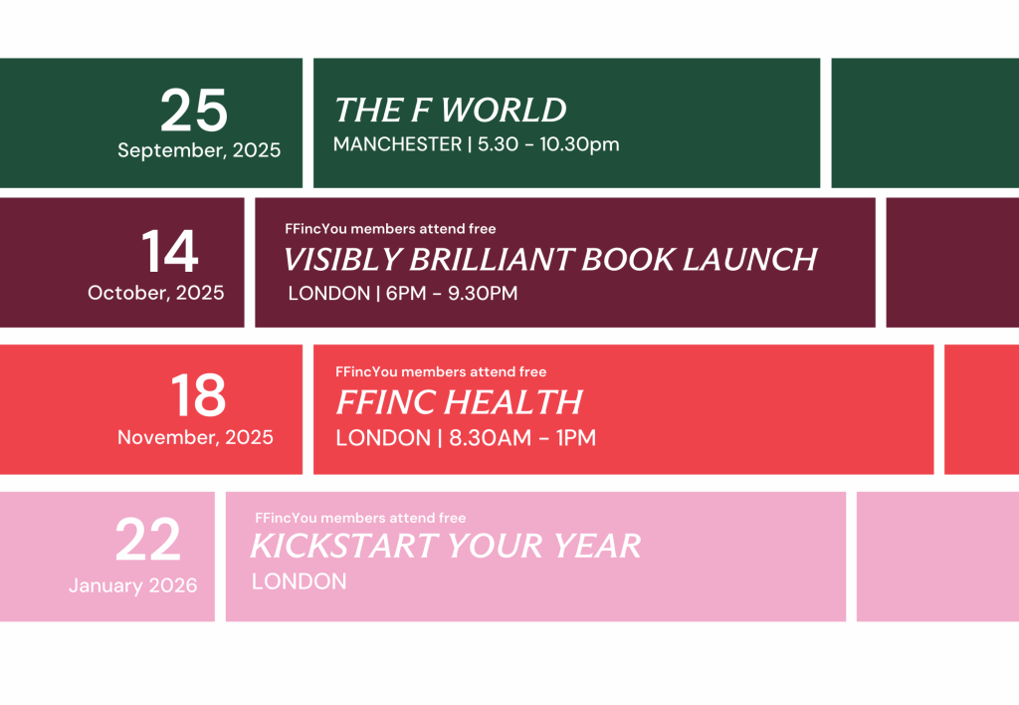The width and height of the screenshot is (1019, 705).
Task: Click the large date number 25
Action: pos(194,111)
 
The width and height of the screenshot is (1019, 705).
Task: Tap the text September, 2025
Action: pos(199,150)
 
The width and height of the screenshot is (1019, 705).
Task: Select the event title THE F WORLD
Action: pos(450,110)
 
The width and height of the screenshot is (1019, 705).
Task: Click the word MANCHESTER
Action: pos(397,143)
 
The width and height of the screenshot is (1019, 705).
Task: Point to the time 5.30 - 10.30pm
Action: pos(548,143)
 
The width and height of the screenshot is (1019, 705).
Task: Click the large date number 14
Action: pos(169,252)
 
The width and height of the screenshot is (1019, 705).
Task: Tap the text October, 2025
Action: pos(156,293)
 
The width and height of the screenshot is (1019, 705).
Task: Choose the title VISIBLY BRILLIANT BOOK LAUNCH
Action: pos(549,260)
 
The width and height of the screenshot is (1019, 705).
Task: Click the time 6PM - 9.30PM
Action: pos(452,294)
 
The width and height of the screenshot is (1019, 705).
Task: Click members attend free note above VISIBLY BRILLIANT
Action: pos(390,229)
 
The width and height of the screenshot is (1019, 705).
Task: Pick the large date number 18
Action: pos(198,395)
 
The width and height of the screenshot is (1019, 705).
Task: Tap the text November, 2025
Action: pos(195,437)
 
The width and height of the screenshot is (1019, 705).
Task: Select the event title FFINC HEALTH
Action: pos(459,402)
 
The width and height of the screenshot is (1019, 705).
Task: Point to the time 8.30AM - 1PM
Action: pos(522,438)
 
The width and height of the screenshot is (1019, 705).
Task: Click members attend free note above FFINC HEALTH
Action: pos(441,372)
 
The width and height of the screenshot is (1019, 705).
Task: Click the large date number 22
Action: pos(148,540)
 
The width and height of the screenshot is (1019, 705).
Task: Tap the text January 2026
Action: pos(132,586)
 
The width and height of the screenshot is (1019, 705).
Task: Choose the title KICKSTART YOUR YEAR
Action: pos(446,546)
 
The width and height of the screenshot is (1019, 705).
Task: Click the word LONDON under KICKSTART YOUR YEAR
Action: pos(299,582)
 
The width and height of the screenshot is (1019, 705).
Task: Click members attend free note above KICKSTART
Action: pos(360,519)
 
